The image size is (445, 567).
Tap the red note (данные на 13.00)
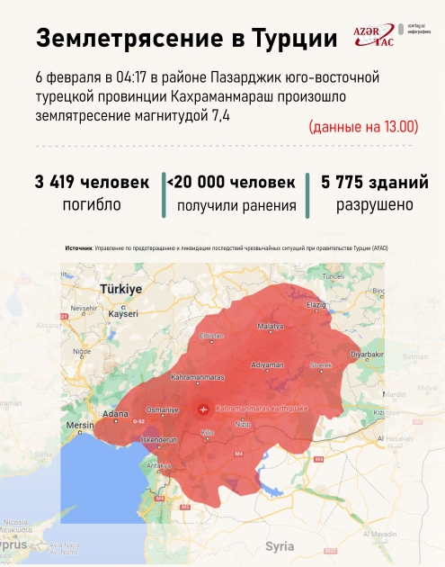click(x=363, y=127)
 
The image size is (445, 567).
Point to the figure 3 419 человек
click(x=92, y=182)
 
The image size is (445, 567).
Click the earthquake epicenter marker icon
click(x=202, y=409)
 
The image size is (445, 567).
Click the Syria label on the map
click(x=280, y=546)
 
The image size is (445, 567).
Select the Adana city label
click(x=113, y=413)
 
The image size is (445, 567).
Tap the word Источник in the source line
click(x=78, y=248)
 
